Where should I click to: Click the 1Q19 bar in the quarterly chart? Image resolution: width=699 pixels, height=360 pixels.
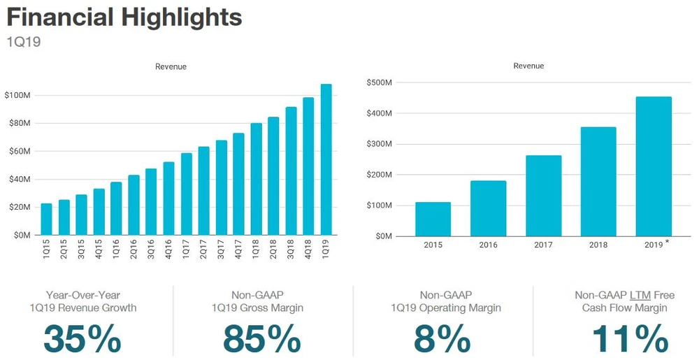click(x=326, y=159)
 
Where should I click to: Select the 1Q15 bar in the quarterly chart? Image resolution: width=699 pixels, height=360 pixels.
click(x=46, y=219)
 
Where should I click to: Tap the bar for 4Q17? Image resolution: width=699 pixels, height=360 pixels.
click(x=238, y=184)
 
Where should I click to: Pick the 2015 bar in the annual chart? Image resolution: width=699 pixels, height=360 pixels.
click(x=433, y=219)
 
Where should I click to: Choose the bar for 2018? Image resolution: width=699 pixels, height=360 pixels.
click(x=598, y=181)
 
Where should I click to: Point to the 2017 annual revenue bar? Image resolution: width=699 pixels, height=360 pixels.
click(x=543, y=195)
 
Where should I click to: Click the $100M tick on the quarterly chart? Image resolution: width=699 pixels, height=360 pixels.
click(x=17, y=95)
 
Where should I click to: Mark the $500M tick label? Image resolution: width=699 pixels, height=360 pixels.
click(x=378, y=82)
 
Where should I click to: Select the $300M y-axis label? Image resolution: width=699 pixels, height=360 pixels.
click(x=378, y=144)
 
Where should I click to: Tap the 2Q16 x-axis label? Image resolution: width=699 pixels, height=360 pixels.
click(x=134, y=250)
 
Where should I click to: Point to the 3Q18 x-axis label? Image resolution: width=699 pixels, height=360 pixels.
click(x=291, y=250)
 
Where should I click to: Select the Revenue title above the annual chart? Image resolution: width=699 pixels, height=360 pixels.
click(x=528, y=66)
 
